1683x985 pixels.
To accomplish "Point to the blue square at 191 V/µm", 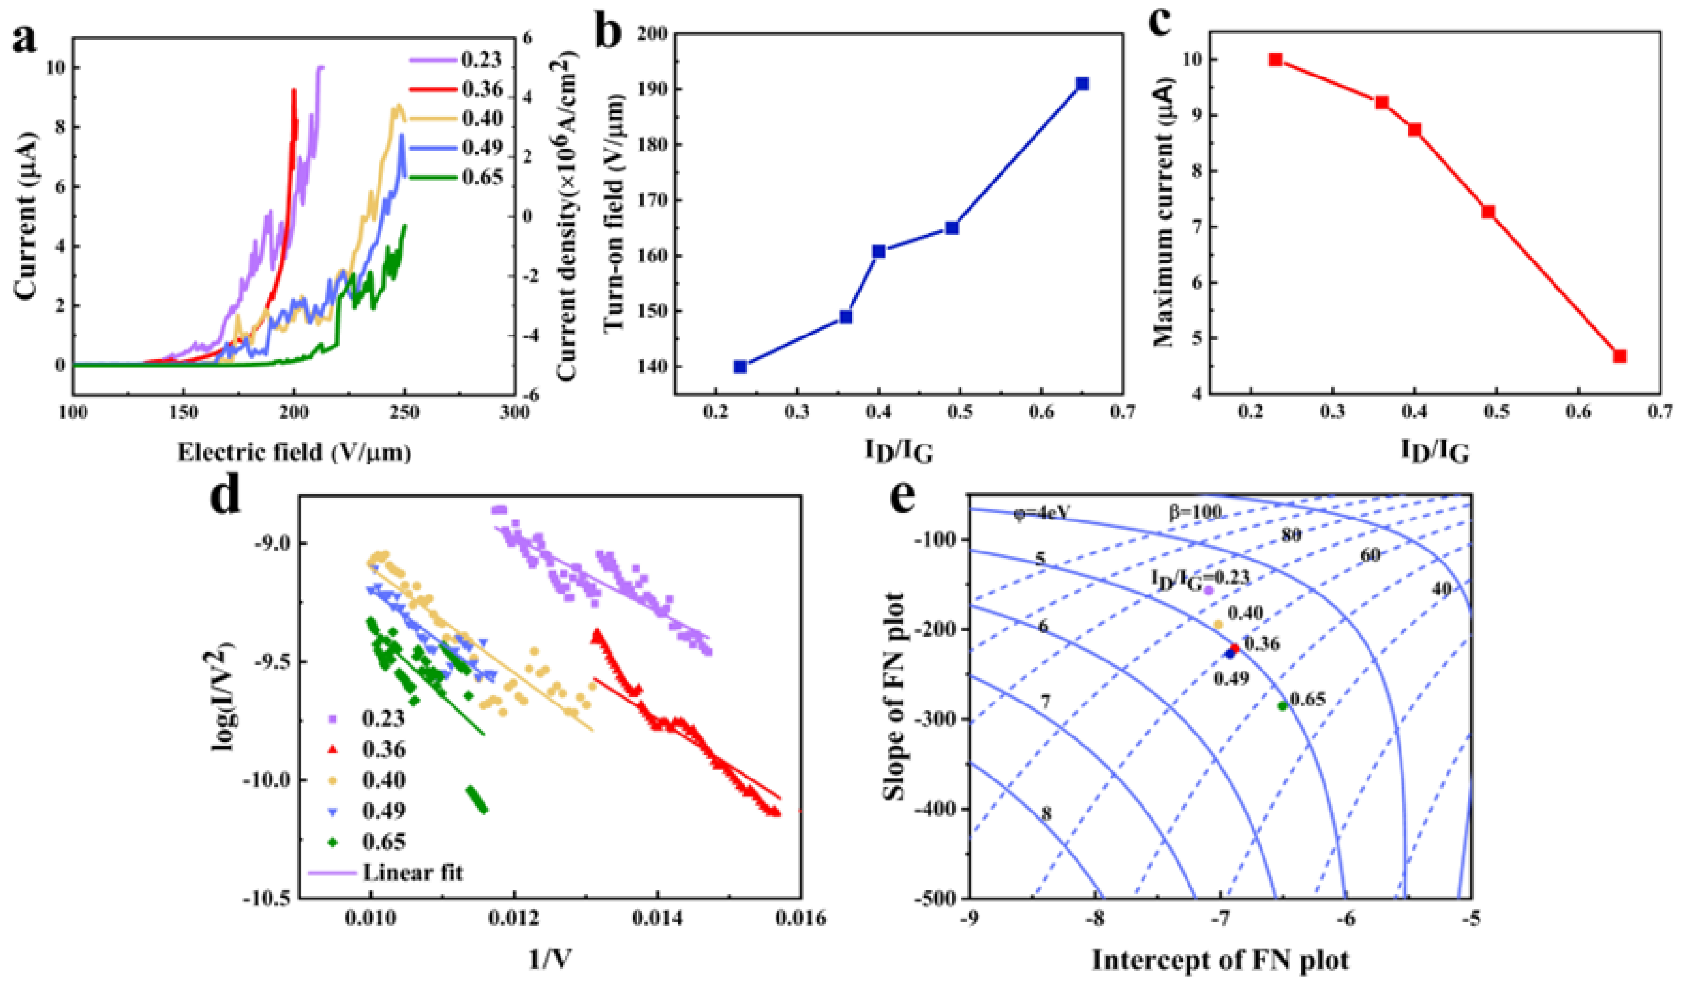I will click(x=1083, y=84).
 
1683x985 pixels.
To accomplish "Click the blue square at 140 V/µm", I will click(x=740, y=367).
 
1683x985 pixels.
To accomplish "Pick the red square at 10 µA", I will click(x=1275, y=59).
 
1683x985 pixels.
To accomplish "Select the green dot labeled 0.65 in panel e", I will click(x=1282, y=706).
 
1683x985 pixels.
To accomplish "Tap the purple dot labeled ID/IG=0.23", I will click(x=1208, y=590).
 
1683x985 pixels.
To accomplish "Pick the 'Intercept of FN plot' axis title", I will click(x=1220, y=960).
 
